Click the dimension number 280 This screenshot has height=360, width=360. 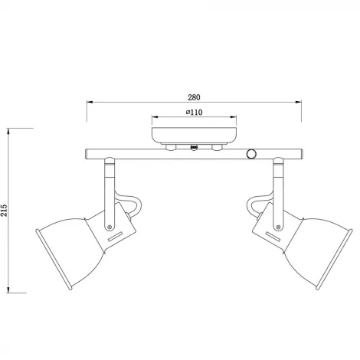click(x=194, y=98)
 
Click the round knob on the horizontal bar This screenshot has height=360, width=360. click(x=251, y=154)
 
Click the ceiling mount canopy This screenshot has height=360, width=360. click(x=193, y=135)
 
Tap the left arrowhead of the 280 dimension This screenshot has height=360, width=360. click(x=88, y=103)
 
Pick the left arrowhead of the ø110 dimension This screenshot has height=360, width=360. click(x=155, y=119)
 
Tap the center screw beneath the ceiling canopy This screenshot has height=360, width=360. click(x=194, y=147)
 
